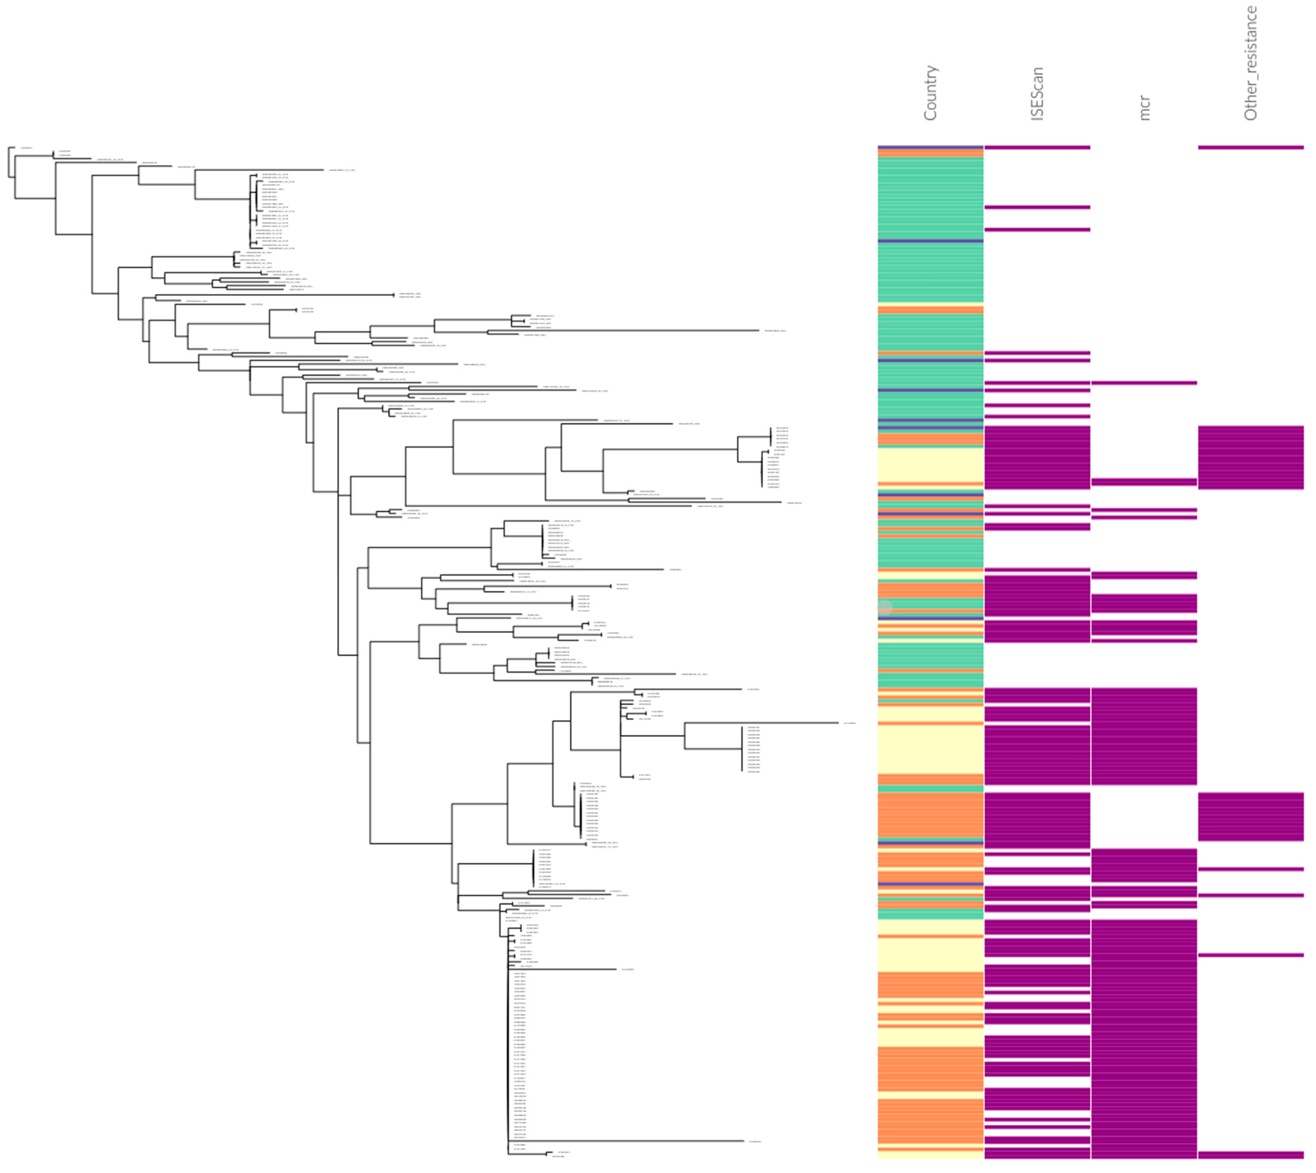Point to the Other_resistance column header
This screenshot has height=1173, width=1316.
(1250, 63)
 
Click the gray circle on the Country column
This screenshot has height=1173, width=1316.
(885, 607)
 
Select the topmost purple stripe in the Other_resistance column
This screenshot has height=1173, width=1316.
(1250, 147)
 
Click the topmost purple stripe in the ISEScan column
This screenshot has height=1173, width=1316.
(1037, 147)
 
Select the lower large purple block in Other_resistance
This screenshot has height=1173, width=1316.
(1250, 817)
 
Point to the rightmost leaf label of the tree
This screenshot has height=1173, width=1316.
(849, 723)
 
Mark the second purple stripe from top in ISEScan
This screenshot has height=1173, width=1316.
(1037, 207)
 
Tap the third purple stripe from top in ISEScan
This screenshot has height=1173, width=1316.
(1037, 230)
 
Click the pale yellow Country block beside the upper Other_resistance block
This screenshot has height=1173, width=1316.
(930, 464)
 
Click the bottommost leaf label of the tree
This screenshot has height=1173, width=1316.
(558, 1156)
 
